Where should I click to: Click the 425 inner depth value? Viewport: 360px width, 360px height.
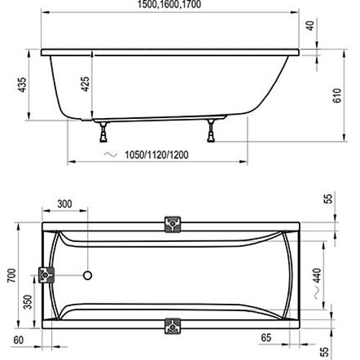pos(86,84)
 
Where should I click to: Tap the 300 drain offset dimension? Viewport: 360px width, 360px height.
pos(65,204)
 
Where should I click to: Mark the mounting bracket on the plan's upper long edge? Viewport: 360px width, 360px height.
pos(174,223)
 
